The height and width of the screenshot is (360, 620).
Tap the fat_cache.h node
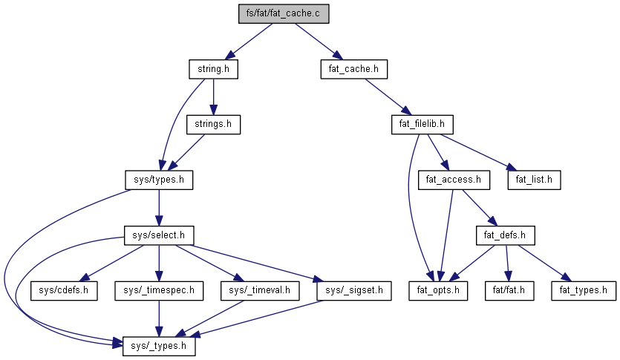[x=353, y=70]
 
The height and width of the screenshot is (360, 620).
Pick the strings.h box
[x=213, y=124]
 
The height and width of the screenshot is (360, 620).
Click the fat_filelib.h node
[x=422, y=124]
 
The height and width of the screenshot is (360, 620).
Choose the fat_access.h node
[x=454, y=179]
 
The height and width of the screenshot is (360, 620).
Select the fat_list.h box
[x=533, y=179]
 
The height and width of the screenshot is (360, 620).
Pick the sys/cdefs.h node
[x=64, y=290]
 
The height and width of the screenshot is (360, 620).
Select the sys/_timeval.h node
[x=254, y=290]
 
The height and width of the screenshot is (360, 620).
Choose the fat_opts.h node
[x=438, y=290]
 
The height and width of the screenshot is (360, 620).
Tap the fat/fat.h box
[x=509, y=290]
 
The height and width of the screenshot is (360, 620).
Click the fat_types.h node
[x=583, y=290]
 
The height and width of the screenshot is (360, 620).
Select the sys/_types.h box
[x=154, y=345]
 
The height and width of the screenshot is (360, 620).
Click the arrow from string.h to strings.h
[x=213, y=96]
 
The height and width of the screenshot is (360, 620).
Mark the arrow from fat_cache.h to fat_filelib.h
[x=388, y=96]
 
